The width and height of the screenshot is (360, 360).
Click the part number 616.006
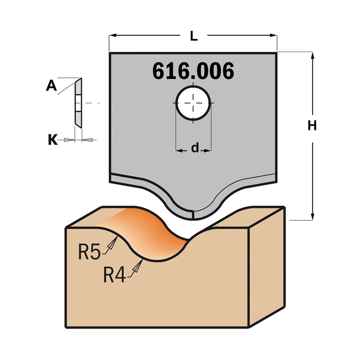[x=193, y=71]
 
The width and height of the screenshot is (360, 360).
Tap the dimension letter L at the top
[x=194, y=37]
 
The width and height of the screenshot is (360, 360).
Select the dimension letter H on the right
[x=312, y=126]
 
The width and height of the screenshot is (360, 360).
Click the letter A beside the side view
[x=51, y=86]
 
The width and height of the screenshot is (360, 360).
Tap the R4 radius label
[x=114, y=276]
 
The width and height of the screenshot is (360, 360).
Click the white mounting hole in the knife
[x=194, y=103]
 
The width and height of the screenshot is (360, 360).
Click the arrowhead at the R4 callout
[x=138, y=266]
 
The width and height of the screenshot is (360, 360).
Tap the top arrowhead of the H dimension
[x=312, y=56]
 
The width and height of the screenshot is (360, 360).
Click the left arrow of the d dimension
[x=179, y=150]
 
